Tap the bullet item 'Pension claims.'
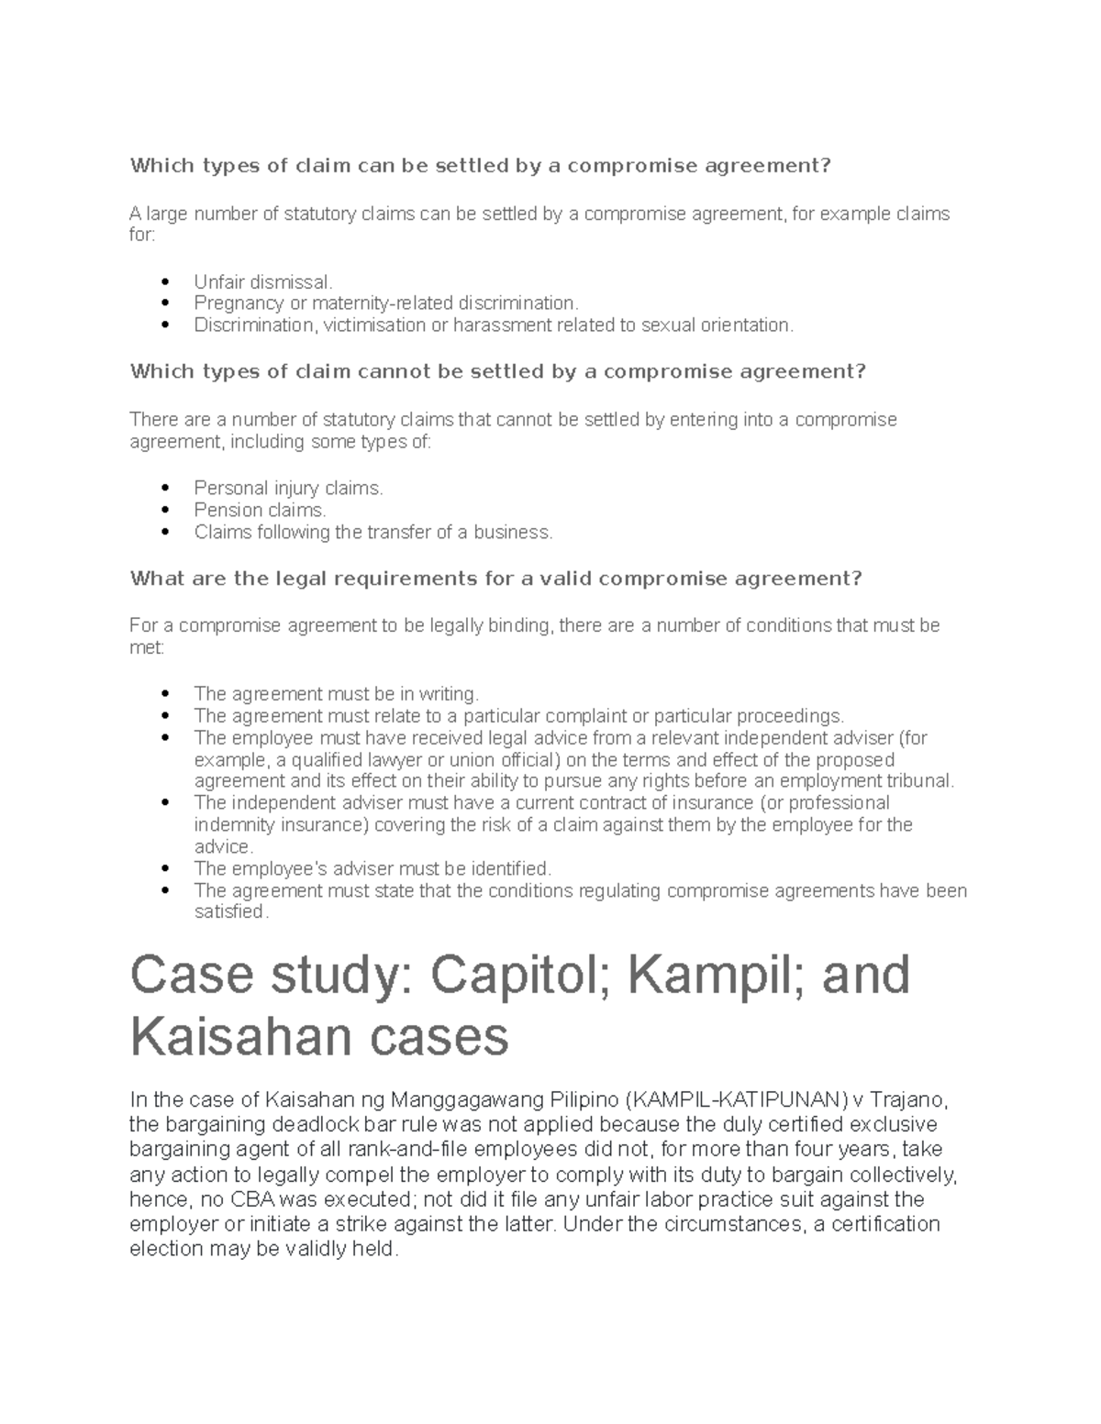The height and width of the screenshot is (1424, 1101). (x=260, y=510)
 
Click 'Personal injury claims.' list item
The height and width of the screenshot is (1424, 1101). (x=288, y=488)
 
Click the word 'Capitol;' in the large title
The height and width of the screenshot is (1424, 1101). (x=508, y=976)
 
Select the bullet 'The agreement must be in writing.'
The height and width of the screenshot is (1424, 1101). (x=336, y=693)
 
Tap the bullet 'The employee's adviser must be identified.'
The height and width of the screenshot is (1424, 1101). (x=373, y=868)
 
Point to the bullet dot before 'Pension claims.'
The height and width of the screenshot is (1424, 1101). (x=165, y=511)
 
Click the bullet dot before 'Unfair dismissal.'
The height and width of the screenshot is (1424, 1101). (x=165, y=282)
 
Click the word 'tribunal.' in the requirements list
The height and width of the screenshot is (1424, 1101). (x=918, y=781)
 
